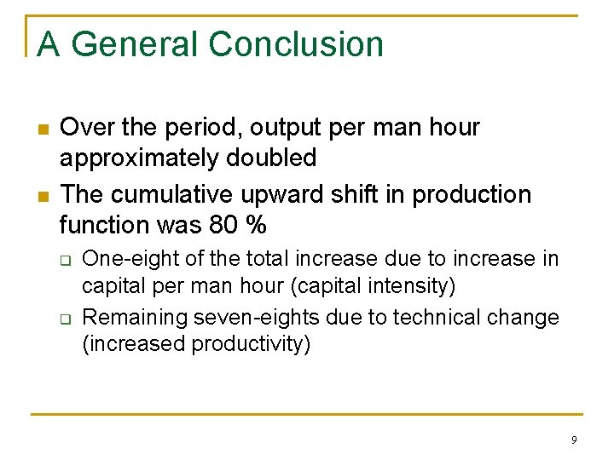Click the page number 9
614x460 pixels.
pos(574,440)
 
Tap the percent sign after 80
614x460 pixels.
pos(255,225)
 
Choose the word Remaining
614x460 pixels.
pos(135,318)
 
